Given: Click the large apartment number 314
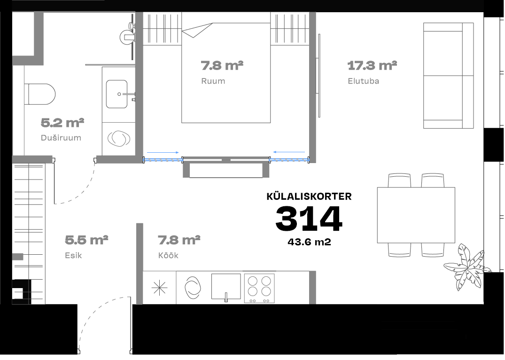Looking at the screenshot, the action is [309, 219].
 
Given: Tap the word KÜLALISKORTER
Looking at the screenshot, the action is [309, 196].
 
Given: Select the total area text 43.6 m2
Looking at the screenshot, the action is [309, 242].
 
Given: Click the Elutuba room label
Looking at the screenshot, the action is [363, 81].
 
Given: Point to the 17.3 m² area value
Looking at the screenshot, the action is [372, 65].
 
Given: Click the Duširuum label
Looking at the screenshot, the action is [61, 138].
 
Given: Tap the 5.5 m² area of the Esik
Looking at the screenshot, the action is [86, 240].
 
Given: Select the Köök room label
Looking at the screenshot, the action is [168, 255].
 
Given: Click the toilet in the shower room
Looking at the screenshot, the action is [39, 94].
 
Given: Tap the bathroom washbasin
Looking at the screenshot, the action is [117, 94].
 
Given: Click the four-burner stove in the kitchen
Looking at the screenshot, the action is [259, 288].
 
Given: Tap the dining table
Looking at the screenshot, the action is [416, 215].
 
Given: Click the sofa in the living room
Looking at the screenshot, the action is [448, 76].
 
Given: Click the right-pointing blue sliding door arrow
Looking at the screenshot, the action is [163, 152].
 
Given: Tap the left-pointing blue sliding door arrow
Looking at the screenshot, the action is [289, 152].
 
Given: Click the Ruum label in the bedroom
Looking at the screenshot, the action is [213, 81].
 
